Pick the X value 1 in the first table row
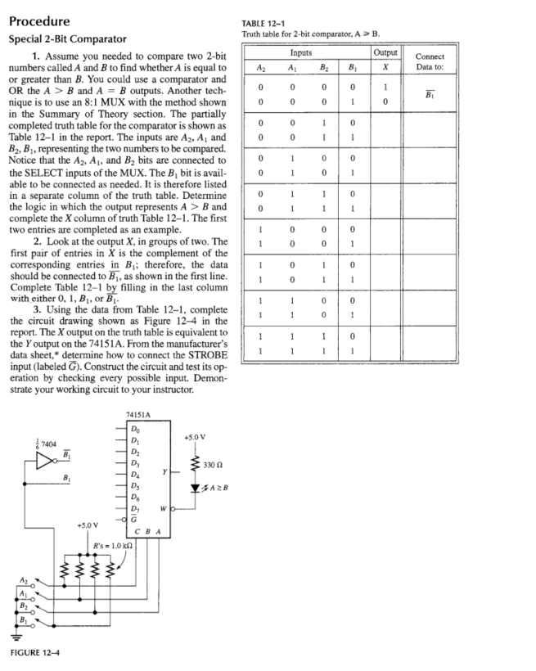(x=385, y=88)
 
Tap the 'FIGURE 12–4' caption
(x=38, y=651)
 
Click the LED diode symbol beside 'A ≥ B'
(x=197, y=490)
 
